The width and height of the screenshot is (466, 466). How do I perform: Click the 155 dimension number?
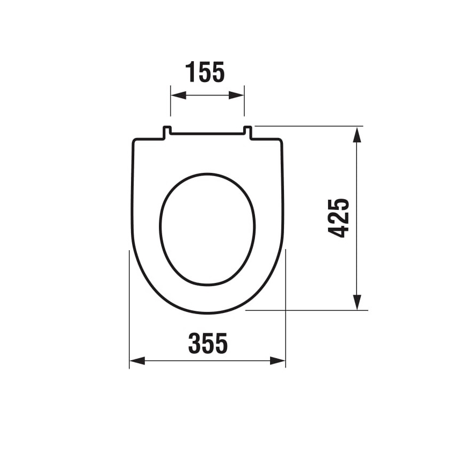[x=205, y=72]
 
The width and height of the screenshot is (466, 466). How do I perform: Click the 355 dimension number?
[x=208, y=344]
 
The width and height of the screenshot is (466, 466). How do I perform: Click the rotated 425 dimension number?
[x=339, y=218]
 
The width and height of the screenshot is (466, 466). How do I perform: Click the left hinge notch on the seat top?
[x=167, y=132]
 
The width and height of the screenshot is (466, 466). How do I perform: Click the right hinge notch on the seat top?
[x=247, y=132]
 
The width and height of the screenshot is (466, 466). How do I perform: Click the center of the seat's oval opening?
[x=207, y=229]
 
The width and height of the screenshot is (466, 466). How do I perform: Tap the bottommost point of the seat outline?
[x=208, y=312]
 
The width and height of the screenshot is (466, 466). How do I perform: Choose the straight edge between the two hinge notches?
[x=207, y=133]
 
